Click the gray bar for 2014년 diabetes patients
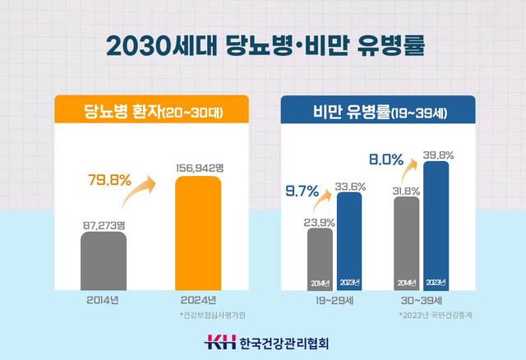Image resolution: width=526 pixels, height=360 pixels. [x=104, y=260]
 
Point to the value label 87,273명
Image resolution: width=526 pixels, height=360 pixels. [x=104, y=222]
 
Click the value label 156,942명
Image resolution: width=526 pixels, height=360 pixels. [x=199, y=168]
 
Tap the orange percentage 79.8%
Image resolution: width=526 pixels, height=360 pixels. [x=108, y=180]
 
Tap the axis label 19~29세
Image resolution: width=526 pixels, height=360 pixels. [x=335, y=301]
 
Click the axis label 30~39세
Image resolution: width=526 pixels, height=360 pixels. [x=421, y=301]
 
